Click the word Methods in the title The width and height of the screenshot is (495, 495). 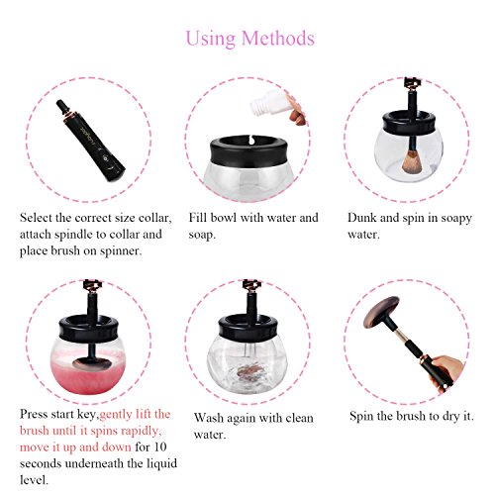278,39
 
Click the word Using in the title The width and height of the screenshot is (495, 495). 211,40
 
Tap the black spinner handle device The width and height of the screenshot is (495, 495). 90,140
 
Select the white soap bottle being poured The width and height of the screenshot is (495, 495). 268,102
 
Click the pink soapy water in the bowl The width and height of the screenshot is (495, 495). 88,373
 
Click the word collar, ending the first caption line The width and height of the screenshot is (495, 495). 155,218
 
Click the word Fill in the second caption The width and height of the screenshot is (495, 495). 198,218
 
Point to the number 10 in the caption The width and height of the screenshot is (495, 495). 159,447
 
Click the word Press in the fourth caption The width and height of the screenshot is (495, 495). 34,414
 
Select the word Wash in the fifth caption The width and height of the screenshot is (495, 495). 208,418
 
